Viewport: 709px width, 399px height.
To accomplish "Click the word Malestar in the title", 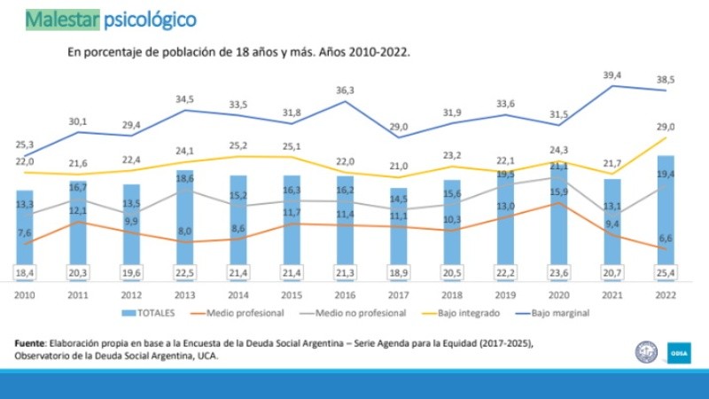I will [60, 19].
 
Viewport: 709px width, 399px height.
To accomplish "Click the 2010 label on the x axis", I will [25, 294].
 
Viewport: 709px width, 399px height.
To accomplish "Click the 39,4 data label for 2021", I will [612, 74].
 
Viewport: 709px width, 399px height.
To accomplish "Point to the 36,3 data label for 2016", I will [346, 90].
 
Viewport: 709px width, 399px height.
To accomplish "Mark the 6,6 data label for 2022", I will [666, 238].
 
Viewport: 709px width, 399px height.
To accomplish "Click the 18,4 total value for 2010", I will [25, 271].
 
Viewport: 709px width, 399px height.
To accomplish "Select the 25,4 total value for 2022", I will [666, 271].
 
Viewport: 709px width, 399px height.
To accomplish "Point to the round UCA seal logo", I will [646, 352].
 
